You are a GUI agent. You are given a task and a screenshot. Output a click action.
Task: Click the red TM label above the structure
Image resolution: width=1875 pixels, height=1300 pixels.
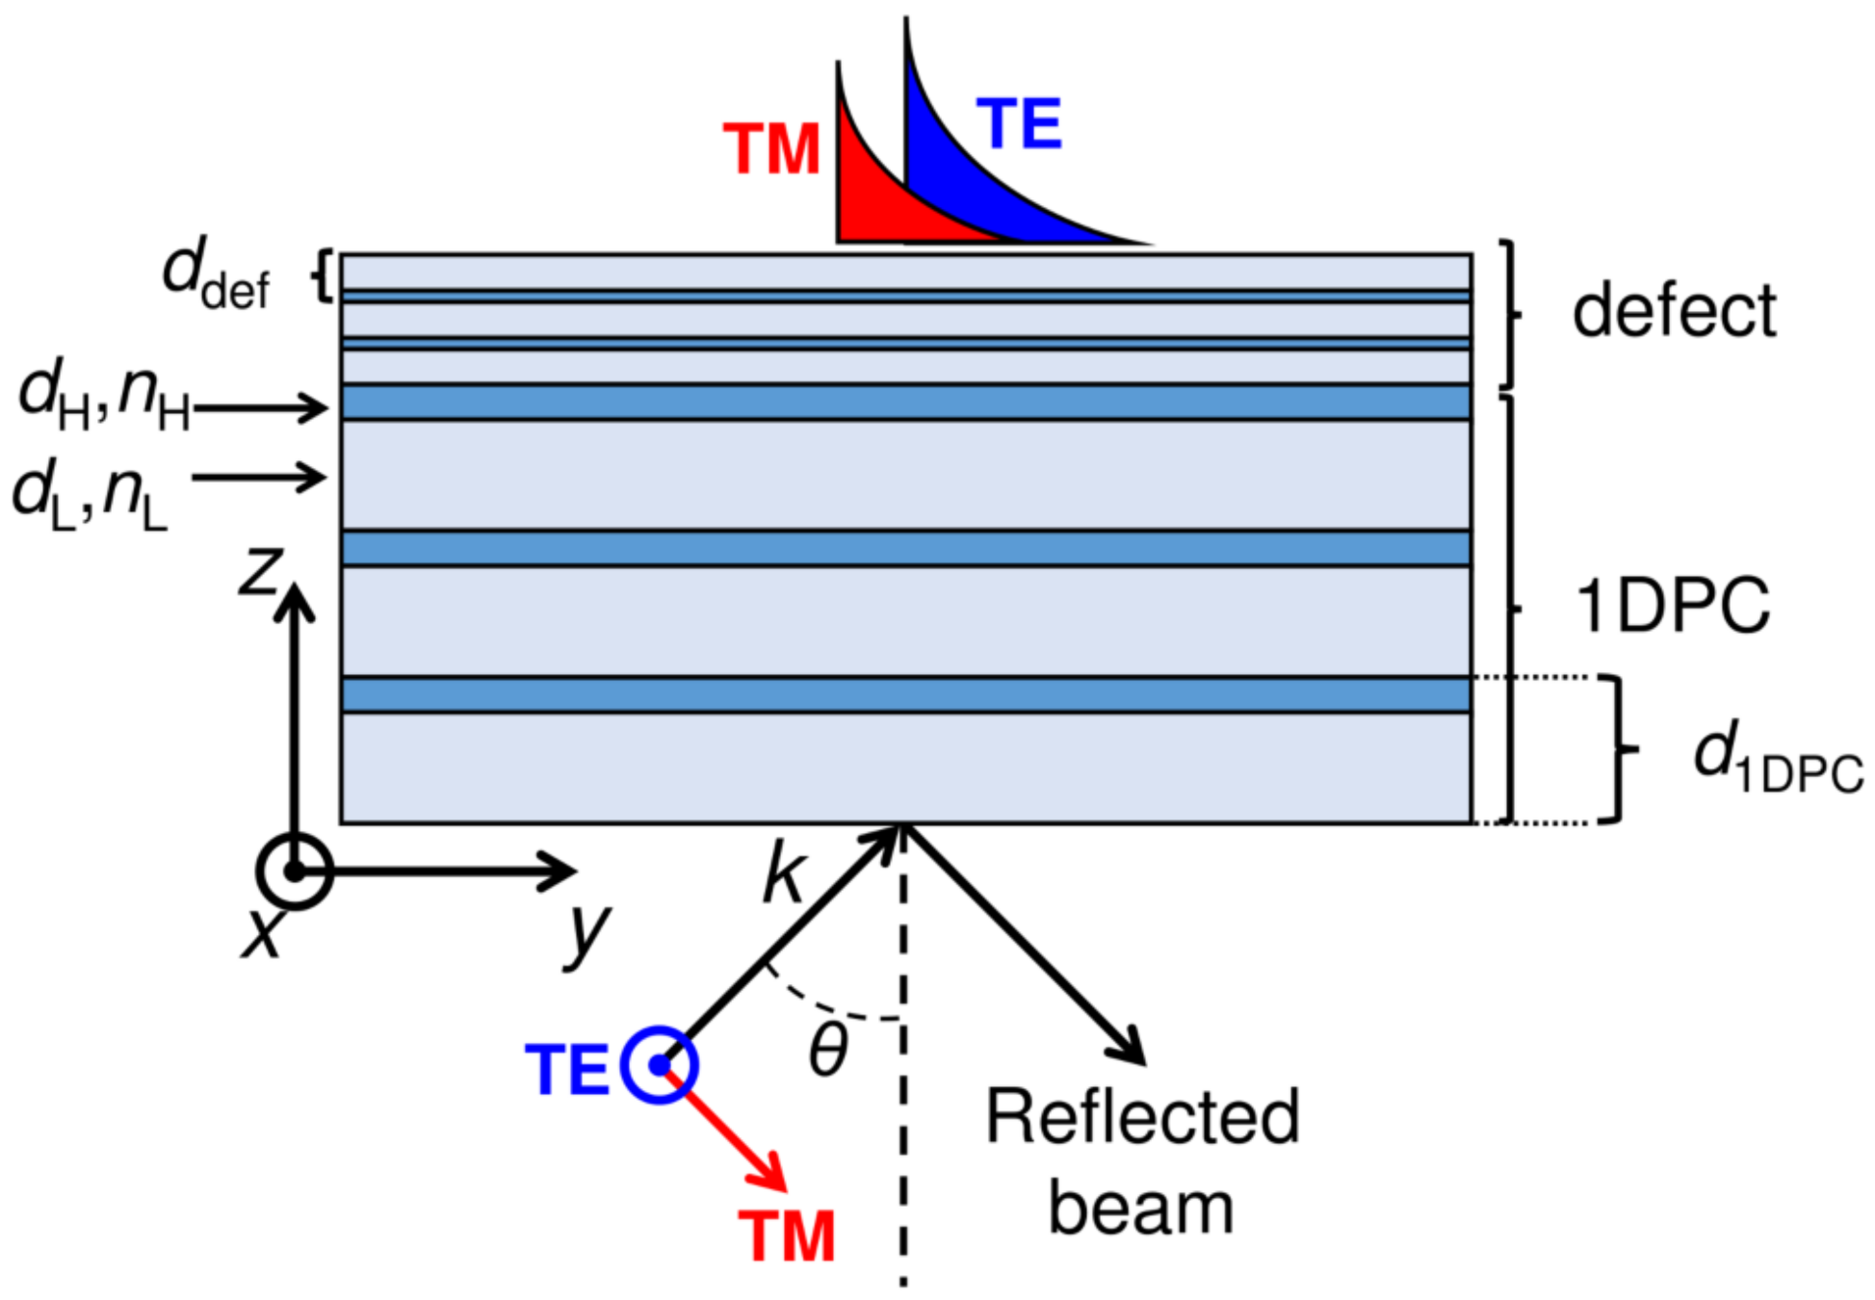[770, 150]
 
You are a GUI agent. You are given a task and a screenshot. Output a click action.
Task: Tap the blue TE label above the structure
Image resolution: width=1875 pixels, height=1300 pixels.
[1019, 124]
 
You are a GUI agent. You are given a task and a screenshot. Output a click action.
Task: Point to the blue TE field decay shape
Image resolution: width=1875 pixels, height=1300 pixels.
[973, 183]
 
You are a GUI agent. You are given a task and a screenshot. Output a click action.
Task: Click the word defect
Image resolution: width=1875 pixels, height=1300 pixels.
[1674, 311]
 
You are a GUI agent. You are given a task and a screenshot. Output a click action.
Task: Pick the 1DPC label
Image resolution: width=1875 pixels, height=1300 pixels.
[1673, 606]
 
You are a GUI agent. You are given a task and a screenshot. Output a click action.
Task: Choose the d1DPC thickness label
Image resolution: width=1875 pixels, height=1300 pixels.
[1778, 760]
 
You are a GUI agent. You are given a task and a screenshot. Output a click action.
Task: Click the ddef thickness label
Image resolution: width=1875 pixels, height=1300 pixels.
[216, 276]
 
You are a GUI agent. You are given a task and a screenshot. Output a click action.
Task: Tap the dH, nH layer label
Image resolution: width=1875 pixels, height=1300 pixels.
[104, 396]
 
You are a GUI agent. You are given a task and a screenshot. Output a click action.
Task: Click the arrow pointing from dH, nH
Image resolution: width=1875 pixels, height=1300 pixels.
[260, 408]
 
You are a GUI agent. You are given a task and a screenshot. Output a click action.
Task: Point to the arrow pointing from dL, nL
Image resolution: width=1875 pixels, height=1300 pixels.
[260, 477]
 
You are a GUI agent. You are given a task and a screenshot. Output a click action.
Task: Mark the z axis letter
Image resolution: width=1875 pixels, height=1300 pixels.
[261, 570]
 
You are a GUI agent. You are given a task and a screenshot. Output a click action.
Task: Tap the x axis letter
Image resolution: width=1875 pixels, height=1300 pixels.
[263, 931]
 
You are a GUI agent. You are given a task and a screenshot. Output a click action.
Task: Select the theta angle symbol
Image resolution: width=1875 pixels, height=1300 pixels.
[828, 1049]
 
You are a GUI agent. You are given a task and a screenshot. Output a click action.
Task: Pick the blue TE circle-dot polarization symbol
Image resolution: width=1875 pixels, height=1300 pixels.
[659, 1065]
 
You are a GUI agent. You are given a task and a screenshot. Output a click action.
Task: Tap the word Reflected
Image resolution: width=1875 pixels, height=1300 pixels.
[1142, 1117]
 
